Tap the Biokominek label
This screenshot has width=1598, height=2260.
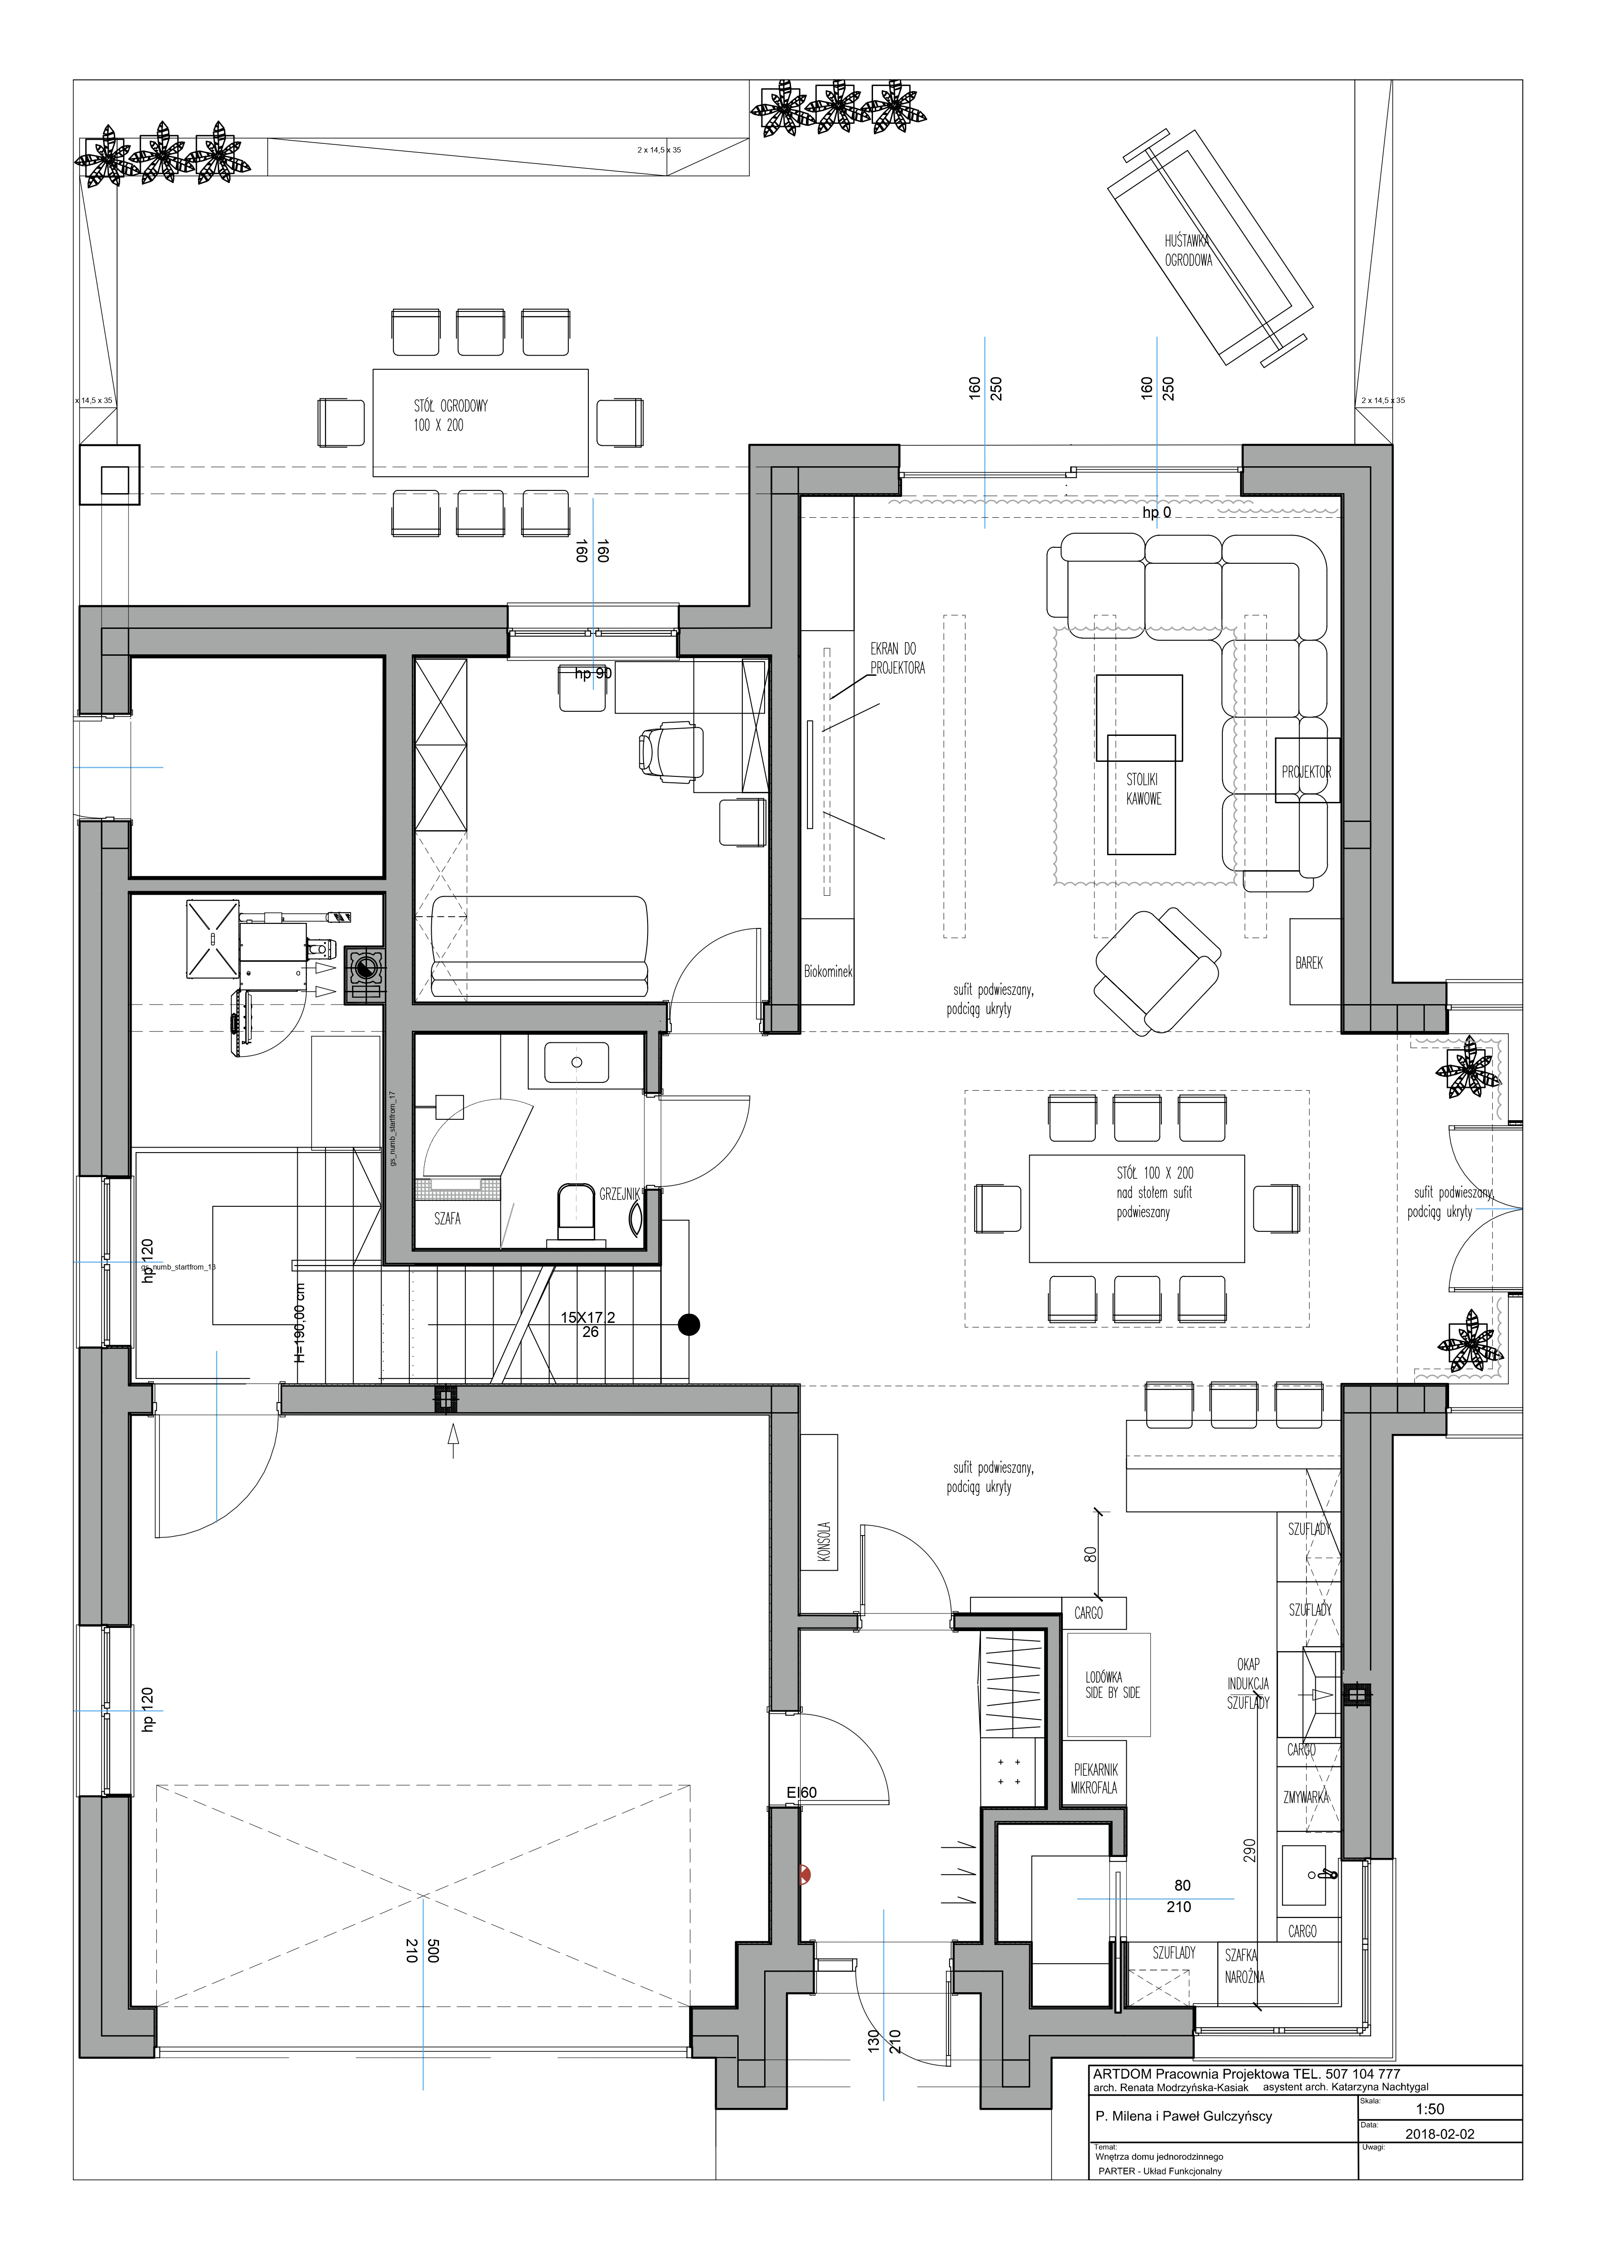(x=828, y=971)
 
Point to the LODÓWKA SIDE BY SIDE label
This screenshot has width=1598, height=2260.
(x=1112, y=1684)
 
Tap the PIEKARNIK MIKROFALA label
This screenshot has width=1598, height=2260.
(x=1094, y=1779)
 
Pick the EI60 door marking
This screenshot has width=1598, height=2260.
(x=802, y=1792)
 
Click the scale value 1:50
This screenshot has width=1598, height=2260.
(x=1430, y=2108)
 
